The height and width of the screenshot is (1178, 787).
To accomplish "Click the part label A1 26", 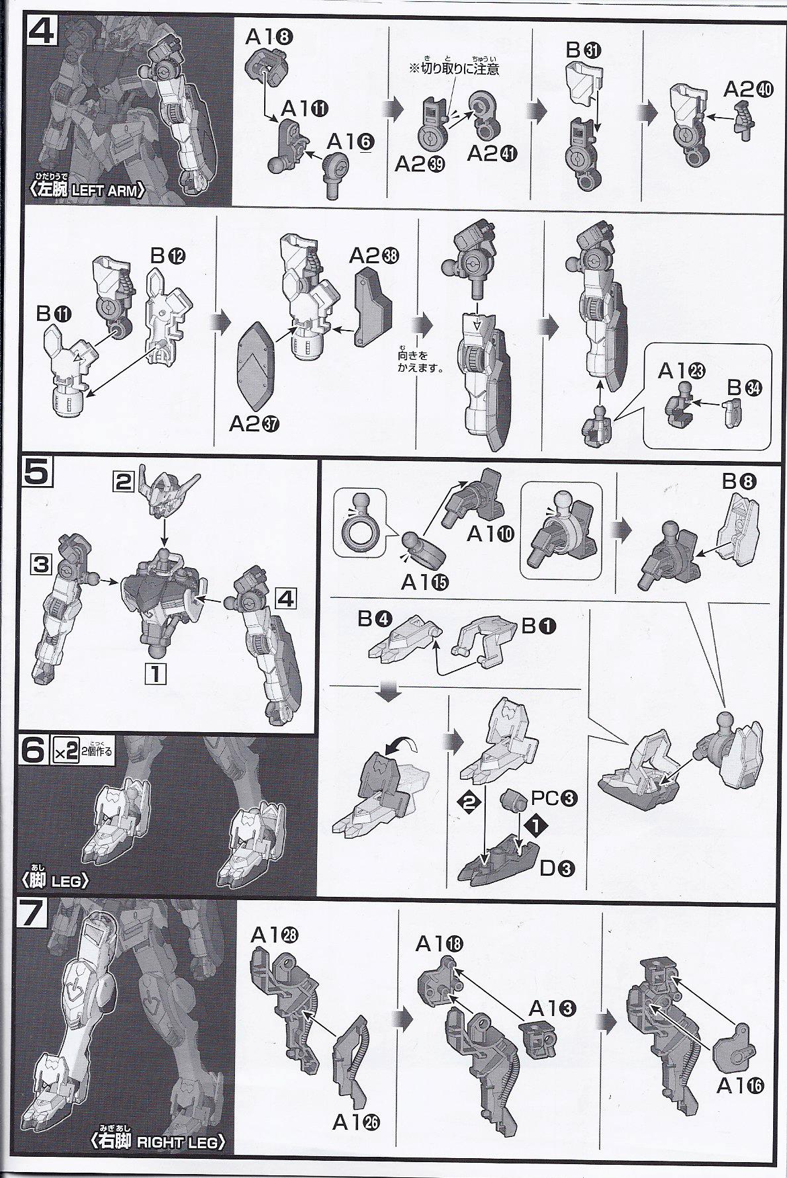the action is (357, 1122).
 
